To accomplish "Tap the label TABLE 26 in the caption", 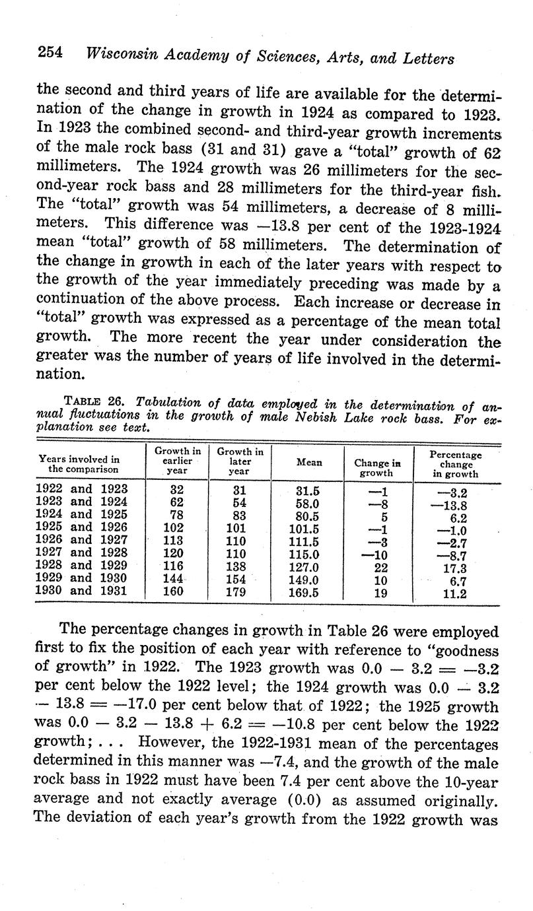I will pos(96,401).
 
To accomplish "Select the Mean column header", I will pos(309,463).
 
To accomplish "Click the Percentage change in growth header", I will pos(456,464).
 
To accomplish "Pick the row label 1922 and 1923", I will pos(81,490).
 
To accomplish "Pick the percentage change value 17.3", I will pos(454,568).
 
